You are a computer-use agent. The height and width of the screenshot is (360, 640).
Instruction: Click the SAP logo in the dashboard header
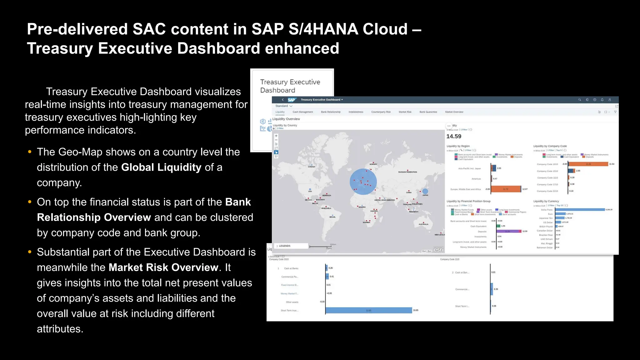(291, 100)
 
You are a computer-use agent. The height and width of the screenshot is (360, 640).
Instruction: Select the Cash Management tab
(302, 112)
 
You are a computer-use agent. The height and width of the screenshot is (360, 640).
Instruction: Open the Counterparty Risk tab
(381, 112)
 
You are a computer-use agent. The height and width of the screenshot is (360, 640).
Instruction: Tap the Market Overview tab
(454, 112)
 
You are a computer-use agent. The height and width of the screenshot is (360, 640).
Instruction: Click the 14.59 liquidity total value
(454, 136)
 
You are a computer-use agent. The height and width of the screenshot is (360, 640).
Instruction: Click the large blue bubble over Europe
(363, 182)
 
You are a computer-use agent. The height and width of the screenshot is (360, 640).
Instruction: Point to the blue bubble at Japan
(425, 191)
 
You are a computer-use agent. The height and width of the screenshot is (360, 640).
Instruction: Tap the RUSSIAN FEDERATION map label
(407, 172)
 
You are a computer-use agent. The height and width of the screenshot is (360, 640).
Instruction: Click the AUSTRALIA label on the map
(423, 224)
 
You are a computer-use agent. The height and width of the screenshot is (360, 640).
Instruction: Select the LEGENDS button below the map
(284, 246)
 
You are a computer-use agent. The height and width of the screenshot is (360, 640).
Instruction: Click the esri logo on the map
(438, 249)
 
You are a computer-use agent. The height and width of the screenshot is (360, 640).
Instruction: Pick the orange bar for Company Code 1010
(588, 164)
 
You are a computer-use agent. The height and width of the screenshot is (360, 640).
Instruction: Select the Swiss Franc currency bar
(580, 210)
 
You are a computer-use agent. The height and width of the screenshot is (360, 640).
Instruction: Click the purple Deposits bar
(509, 231)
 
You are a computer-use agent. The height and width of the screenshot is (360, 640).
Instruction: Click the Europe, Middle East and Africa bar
(506, 189)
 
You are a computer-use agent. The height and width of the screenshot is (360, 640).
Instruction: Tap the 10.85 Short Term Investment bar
(369, 310)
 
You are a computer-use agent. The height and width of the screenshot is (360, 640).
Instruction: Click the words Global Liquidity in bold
(161, 167)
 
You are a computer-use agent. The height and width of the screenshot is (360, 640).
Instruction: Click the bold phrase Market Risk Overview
(163, 267)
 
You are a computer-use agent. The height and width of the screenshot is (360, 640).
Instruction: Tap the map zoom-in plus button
(276, 136)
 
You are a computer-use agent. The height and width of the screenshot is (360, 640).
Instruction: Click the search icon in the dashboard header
(579, 100)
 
